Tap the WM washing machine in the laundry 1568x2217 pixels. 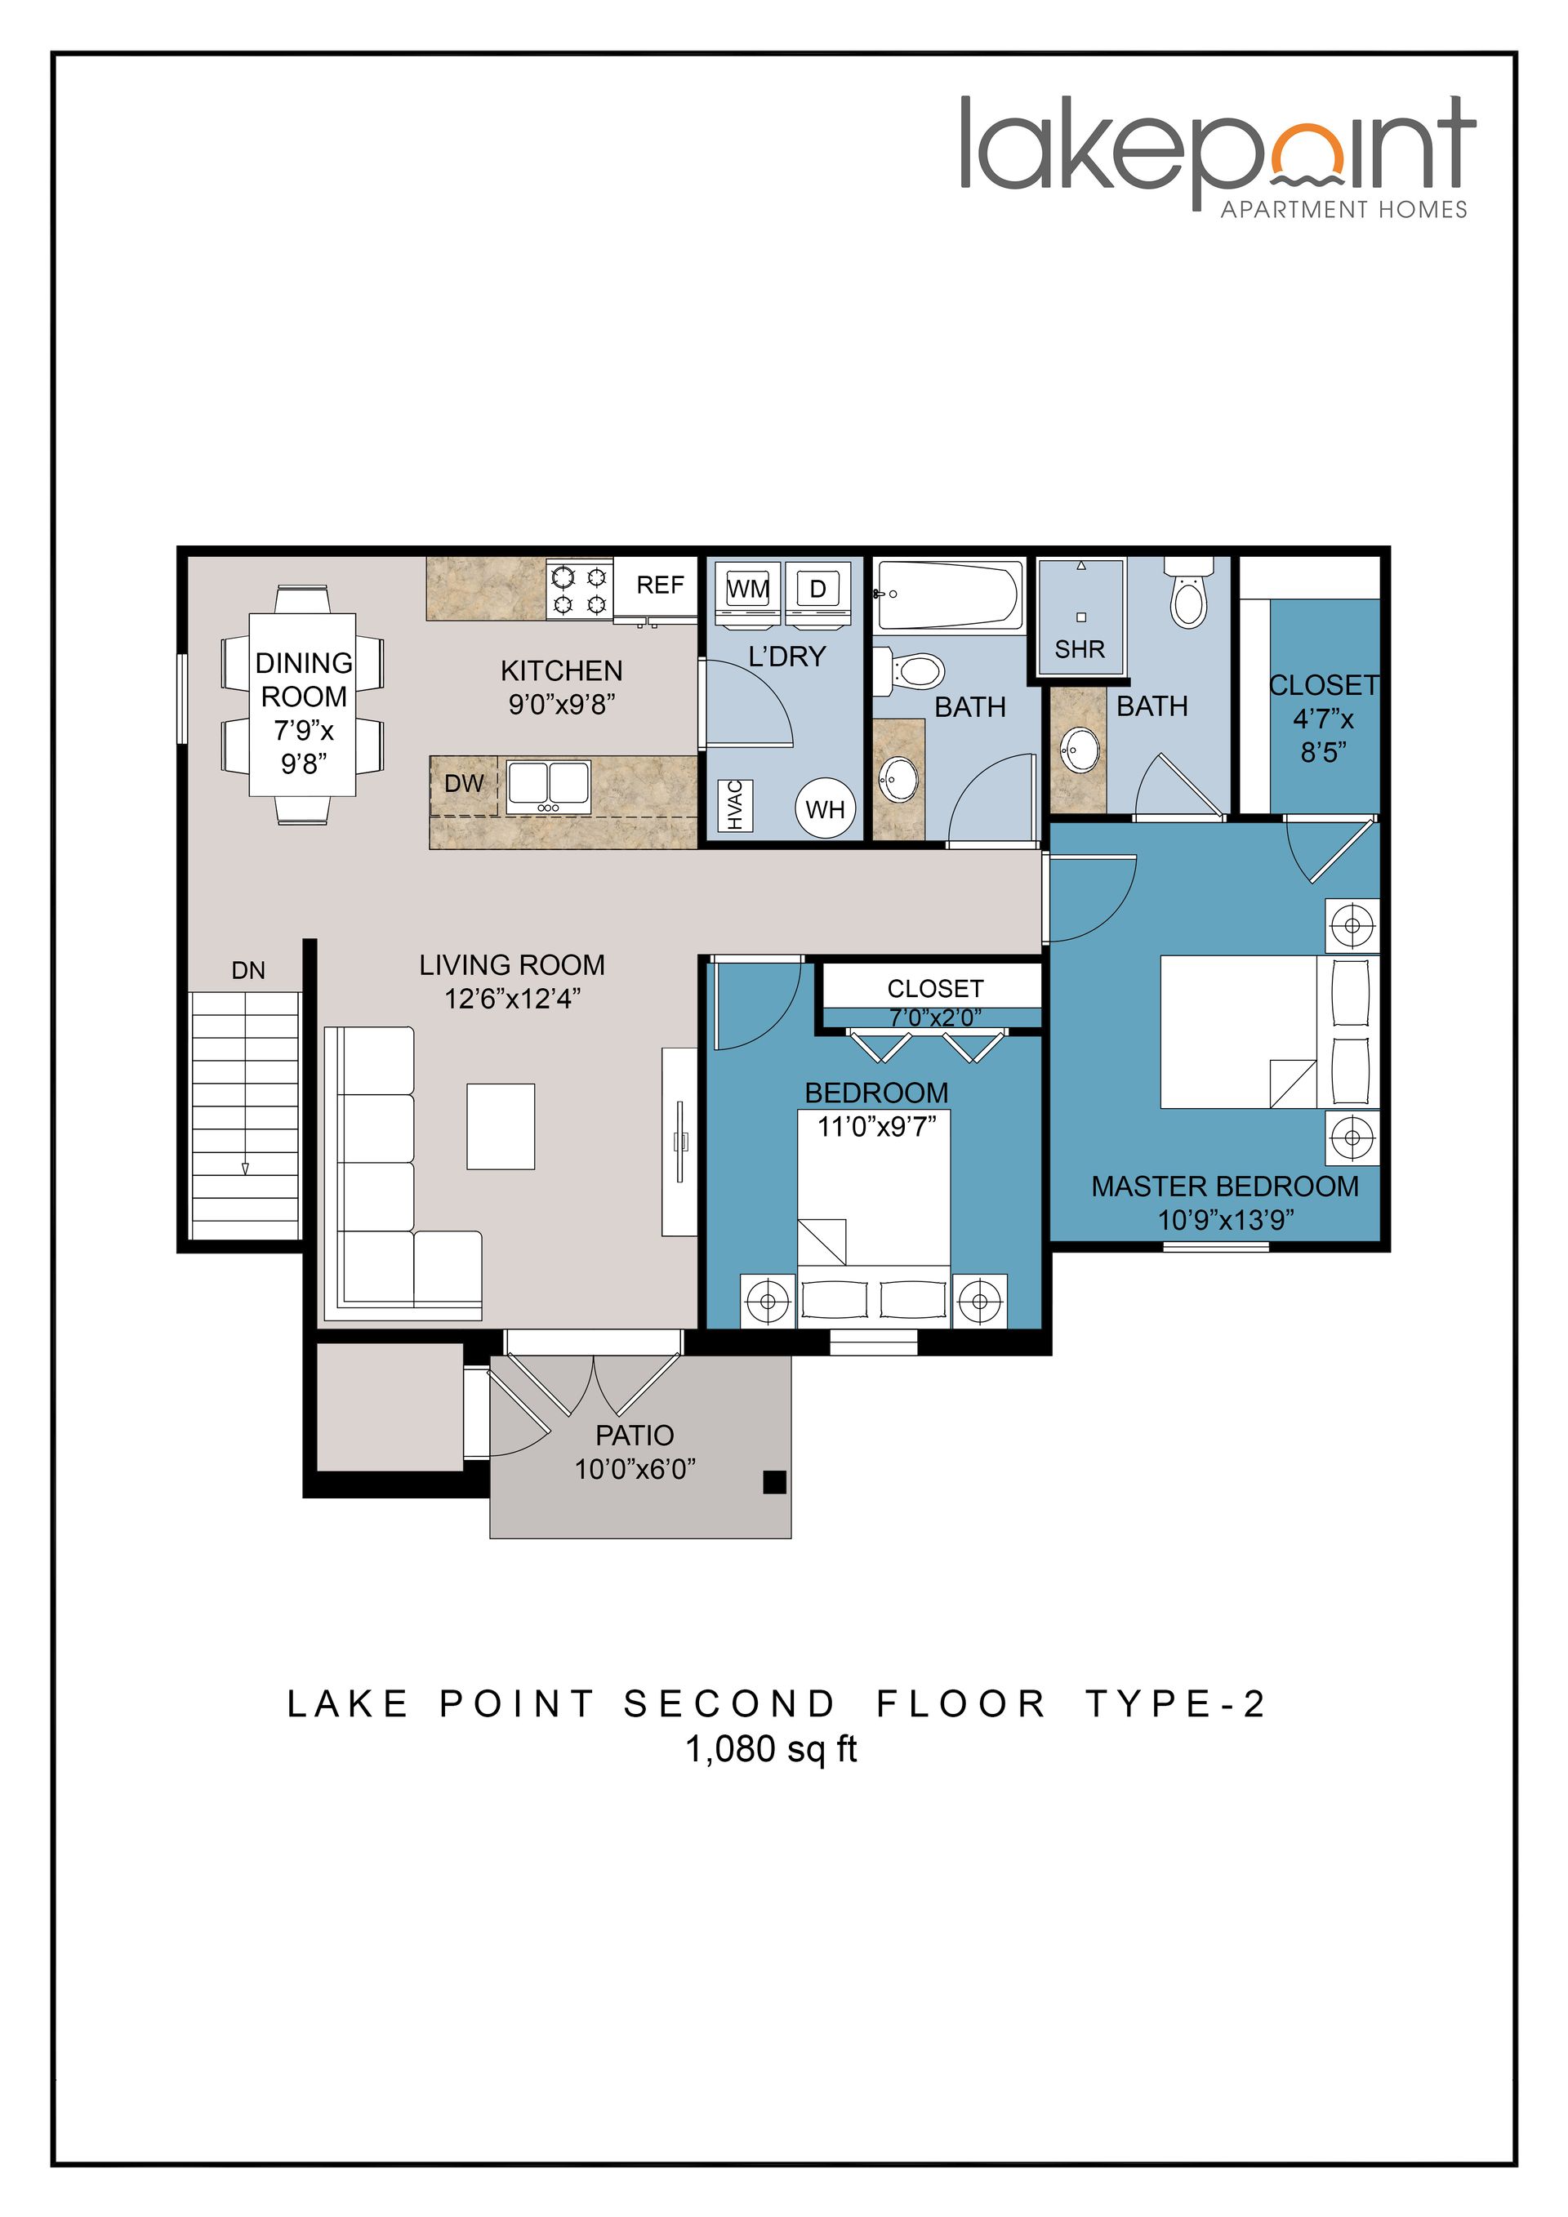coord(747,588)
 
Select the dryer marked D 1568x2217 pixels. coord(817,588)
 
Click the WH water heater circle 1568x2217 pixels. coord(825,809)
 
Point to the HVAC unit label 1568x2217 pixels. coord(735,805)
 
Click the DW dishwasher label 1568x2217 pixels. coord(463,783)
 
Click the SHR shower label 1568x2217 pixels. coord(1080,649)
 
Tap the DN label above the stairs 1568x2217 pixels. coord(248,970)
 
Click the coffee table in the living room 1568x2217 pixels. coord(500,1126)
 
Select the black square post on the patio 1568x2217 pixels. coord(773,1481)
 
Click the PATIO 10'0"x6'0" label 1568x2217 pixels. coord(635,1451)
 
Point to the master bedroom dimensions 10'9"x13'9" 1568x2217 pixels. coord(1224,1219)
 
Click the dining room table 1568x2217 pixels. coord(302,705)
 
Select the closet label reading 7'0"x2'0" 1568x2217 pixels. coord(934,1017)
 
